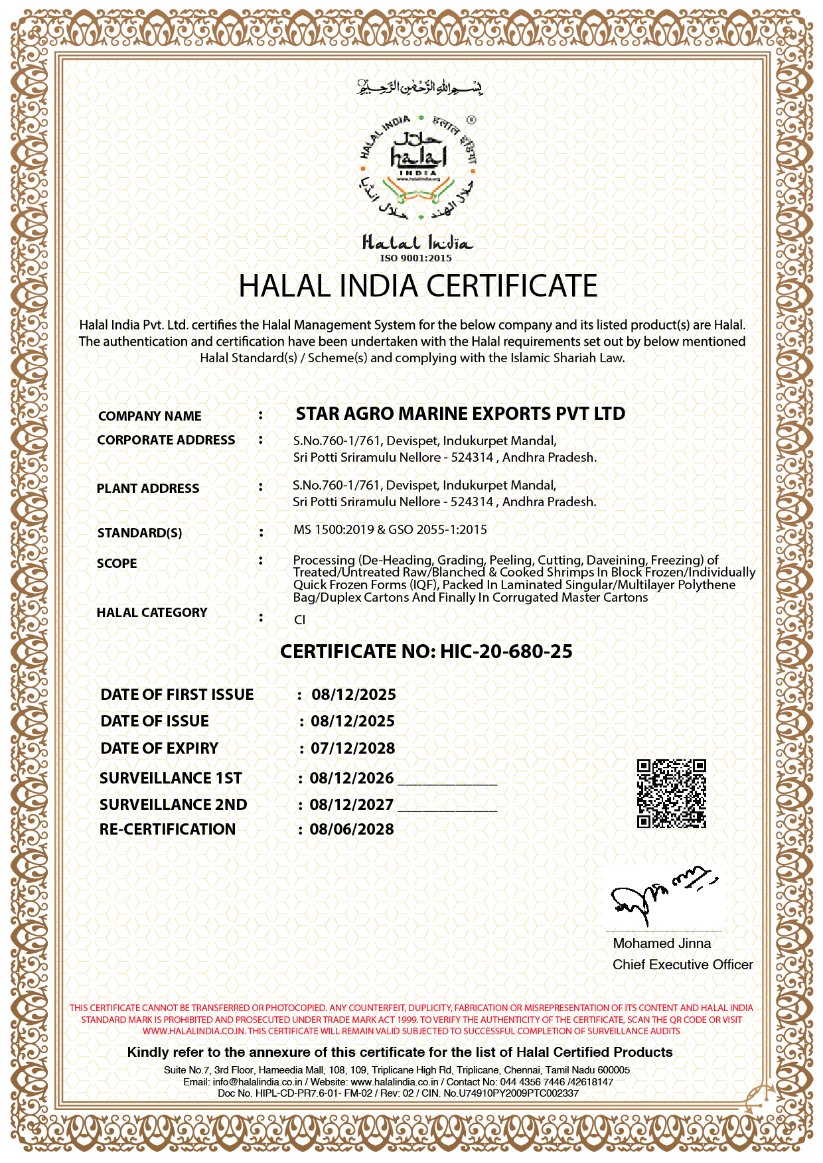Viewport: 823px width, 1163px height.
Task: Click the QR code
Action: [x=671, y=793]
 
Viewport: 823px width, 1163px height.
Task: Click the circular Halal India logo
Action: [x=417, y=168]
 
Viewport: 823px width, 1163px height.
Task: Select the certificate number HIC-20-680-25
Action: [x=506, y=651]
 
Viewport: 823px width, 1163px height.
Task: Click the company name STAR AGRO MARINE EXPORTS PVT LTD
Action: [x=460, y=414]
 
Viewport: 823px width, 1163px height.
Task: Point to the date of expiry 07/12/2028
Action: [x=353, y=748]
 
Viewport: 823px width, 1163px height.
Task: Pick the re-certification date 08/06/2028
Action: [x=352, y=829]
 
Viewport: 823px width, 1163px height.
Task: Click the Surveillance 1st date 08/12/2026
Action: [x=352, y=778]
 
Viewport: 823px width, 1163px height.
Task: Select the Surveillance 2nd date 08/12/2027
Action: [x=352, y=805]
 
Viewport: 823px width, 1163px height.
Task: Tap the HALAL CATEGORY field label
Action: [x=152, y=612]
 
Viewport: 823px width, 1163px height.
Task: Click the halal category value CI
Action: [x=299, y=620]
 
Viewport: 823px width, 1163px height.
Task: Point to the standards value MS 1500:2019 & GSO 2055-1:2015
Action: [x=390, y=529]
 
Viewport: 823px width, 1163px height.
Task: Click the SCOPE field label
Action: [x=117, y=563]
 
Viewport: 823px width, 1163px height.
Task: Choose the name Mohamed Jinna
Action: [x=662, y=943]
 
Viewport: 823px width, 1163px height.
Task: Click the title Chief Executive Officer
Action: [x=682, y=965]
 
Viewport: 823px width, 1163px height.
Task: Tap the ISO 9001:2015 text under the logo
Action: [x=416, y=258]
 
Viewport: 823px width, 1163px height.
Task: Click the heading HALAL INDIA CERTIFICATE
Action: [x=417, y=286]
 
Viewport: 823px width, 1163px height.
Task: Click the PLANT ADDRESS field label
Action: [x=148, y=488]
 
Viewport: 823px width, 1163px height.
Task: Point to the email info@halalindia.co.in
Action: [x=258, y=1081]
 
